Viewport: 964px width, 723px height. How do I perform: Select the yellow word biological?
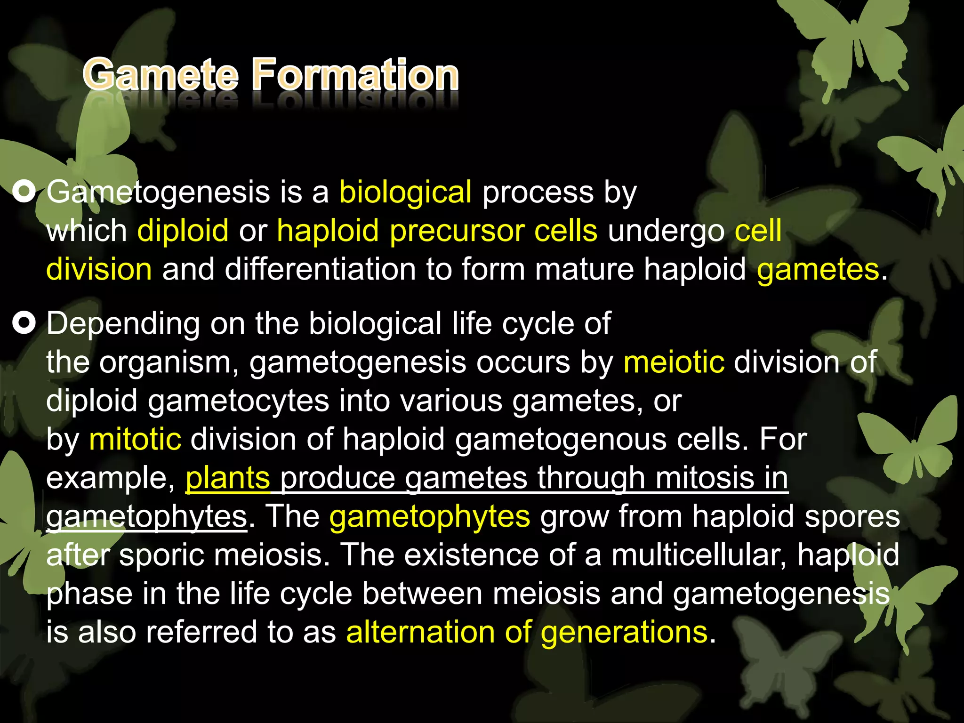coord(405,193)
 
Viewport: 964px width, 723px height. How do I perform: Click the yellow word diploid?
coord(183,231)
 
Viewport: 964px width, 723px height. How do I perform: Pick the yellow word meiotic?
coord(674,362)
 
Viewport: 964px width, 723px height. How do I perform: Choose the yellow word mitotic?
coord(135,439)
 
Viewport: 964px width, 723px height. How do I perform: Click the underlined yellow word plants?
coord(228,478)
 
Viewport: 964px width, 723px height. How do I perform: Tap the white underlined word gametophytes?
coord(146,517)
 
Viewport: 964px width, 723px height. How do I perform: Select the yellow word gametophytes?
coord(430,517)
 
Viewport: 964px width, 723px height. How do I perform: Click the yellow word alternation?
coord(420,632)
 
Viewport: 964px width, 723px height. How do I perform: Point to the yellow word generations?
coord(624,632)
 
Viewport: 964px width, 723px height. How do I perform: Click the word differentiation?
coord(320,269)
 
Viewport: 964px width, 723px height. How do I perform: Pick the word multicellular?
coord(699,555)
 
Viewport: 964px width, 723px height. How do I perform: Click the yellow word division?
coord(99,269)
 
